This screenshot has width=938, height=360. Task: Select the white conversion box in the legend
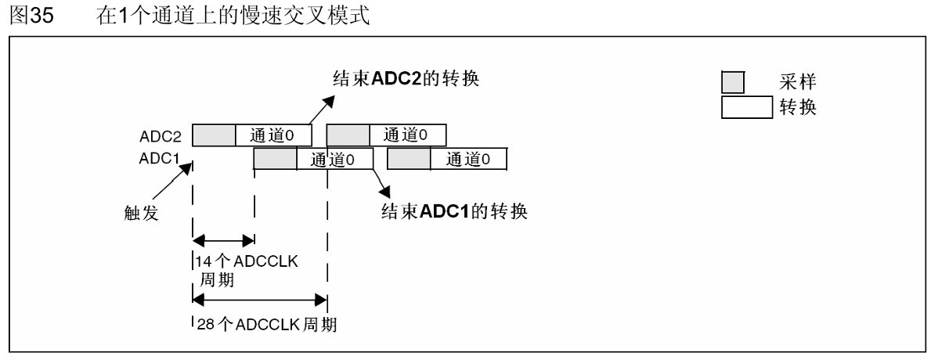(x=746, y=106)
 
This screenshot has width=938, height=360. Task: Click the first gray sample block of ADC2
(x=214, y=135)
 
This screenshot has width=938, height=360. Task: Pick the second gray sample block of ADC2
(x=348, y=135)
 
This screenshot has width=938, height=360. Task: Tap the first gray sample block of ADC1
(x=276, y=159)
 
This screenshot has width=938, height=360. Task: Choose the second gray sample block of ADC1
(x=409, y=159)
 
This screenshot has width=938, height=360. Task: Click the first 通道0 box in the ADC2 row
(x=273, y=135)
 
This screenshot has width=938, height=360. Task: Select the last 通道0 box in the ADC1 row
(x=469, y=159)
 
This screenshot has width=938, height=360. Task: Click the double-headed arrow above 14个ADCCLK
(x=223, y=241)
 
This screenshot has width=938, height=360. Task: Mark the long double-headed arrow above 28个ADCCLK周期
(x=259, y=298)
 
